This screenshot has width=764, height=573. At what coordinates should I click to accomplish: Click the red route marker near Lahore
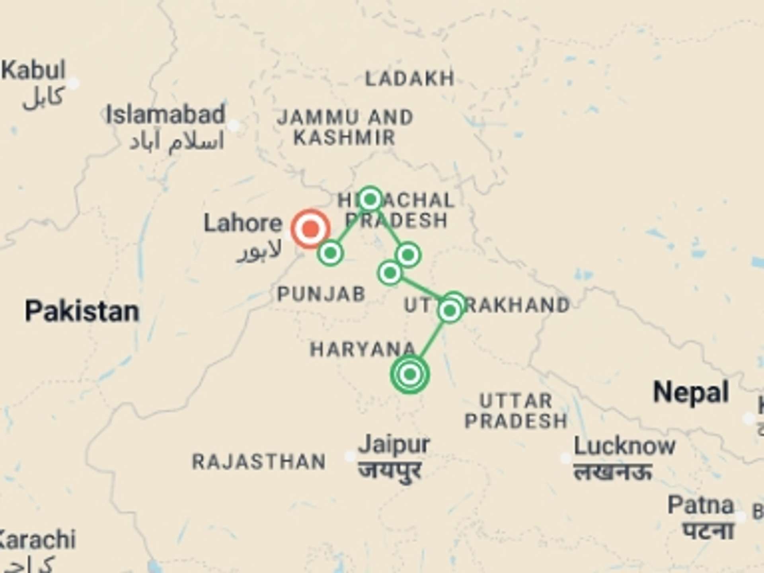[x=310, y=229]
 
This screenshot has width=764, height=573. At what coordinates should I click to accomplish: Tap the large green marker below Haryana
[x=410, y=374]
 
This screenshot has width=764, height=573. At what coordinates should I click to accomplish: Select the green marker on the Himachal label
[x=370, y=199]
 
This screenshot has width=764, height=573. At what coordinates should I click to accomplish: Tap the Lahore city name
[x=243, y=223]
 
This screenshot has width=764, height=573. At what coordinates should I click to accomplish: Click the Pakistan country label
[x=82, y=311]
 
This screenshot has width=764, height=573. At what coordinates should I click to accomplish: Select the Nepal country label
[x=691, y=392]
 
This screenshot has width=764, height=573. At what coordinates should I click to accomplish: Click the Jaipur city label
[x=394, y=444]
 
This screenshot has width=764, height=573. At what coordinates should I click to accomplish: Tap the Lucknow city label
[x=624, y=446]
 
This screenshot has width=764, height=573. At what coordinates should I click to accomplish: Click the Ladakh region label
[x=410, y=78]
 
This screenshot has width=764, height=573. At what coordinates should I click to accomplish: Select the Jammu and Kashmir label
[x=345, y=127]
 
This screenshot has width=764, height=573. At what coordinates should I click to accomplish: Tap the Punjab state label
[x=321, y=294]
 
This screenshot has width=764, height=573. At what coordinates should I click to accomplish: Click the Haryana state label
[x=363, y=350]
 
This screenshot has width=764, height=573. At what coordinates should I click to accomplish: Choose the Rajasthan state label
[x=259, y=462]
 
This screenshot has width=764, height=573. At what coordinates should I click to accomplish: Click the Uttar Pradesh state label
[x=516, y=411]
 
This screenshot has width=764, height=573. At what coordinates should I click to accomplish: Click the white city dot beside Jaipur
[x=350, y=456]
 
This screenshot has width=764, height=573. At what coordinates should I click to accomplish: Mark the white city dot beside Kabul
[x=73, y=84]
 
